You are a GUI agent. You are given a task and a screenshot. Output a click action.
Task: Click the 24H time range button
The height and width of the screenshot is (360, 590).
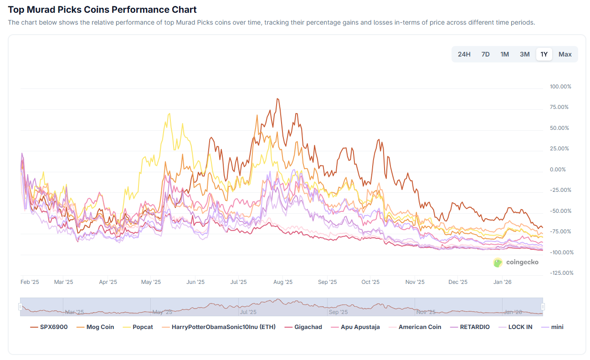[464, 54]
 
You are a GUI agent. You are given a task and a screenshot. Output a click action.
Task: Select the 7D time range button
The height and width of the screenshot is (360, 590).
[485, 54]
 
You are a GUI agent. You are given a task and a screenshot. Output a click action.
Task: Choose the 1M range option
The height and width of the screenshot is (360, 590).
[504, 54]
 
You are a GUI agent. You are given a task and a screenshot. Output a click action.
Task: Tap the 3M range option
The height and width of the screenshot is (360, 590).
[524, 54]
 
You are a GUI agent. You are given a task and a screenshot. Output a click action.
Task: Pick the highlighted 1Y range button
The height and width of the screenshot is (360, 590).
[544, 54]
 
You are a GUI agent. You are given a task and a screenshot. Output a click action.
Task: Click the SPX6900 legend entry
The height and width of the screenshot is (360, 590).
[49, 327]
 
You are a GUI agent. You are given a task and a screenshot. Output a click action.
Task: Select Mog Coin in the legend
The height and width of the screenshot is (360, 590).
[95, 327]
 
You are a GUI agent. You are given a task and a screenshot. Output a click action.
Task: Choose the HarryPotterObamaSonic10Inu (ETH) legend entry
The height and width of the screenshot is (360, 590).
[218, 327]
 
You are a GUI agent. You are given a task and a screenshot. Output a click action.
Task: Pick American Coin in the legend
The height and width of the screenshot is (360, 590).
[415, 327]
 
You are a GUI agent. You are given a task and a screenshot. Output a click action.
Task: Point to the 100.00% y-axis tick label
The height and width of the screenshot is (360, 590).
[560, 87]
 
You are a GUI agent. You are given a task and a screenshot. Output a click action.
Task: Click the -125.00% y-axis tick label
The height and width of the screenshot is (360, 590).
[560, 273]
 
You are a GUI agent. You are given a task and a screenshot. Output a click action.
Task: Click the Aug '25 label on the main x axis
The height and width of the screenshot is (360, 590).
[282, 282]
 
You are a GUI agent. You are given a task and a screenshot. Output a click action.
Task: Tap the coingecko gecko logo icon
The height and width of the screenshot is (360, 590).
[498, 262]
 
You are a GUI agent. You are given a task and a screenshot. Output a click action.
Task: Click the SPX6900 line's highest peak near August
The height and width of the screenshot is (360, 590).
[277, 98]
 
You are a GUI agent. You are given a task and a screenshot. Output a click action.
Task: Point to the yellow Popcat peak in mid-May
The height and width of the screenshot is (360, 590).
[169, 113]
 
